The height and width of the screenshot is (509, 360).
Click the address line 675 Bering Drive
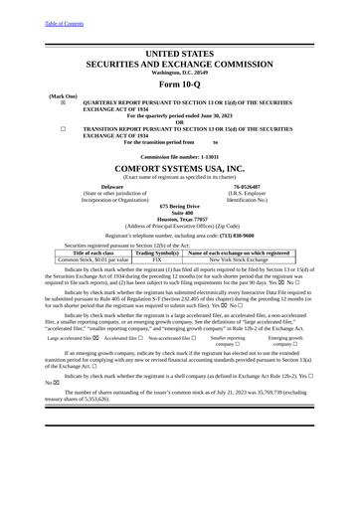pyautogui.click(x=179, y=205)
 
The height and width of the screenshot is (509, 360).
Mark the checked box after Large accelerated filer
pyautogui.click(x=96, y=339)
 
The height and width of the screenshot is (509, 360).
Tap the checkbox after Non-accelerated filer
pyautogui.click(x=196, y=339)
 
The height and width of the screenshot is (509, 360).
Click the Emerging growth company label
pyautogui.click(x=285, y=342)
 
